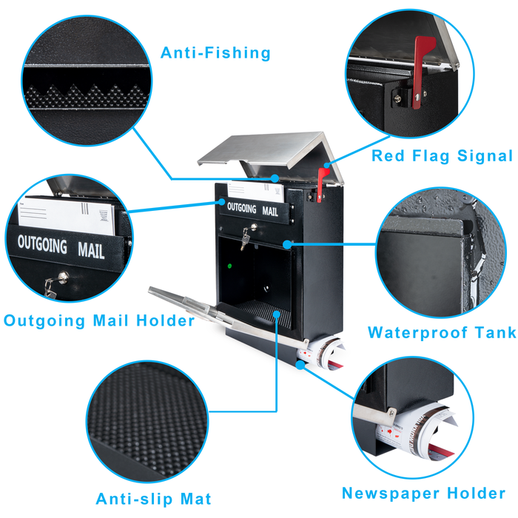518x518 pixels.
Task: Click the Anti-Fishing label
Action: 215,53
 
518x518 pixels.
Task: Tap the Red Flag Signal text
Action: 442,155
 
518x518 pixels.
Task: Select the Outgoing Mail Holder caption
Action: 99,320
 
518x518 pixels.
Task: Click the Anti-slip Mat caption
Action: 153,498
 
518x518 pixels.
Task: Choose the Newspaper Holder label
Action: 423,493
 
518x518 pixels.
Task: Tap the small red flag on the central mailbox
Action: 323,178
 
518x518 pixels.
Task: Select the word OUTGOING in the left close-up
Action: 42,243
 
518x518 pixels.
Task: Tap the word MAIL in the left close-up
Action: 91,249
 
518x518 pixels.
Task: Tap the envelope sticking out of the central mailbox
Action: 255,192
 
